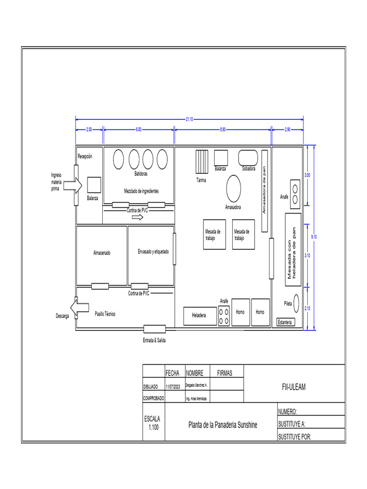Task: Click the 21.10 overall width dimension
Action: [x=189, y=119]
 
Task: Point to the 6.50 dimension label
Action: [x=139, y=129]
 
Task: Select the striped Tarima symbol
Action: [x=202, y=162]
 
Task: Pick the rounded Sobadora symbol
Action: [x=248, y=158]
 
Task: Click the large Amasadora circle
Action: [x=234, y=189]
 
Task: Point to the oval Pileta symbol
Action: [x=296, y=303]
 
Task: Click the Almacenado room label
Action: [x=101, y=253]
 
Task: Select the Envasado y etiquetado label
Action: [x=153, y=252]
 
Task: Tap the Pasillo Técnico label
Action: [x=105, y=314]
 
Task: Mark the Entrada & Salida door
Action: [x=154, y=329]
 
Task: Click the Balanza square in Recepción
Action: [x=93, y=185]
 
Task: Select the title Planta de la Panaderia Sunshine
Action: [x=222, y=425]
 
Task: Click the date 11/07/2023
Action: [x=173, y=386]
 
